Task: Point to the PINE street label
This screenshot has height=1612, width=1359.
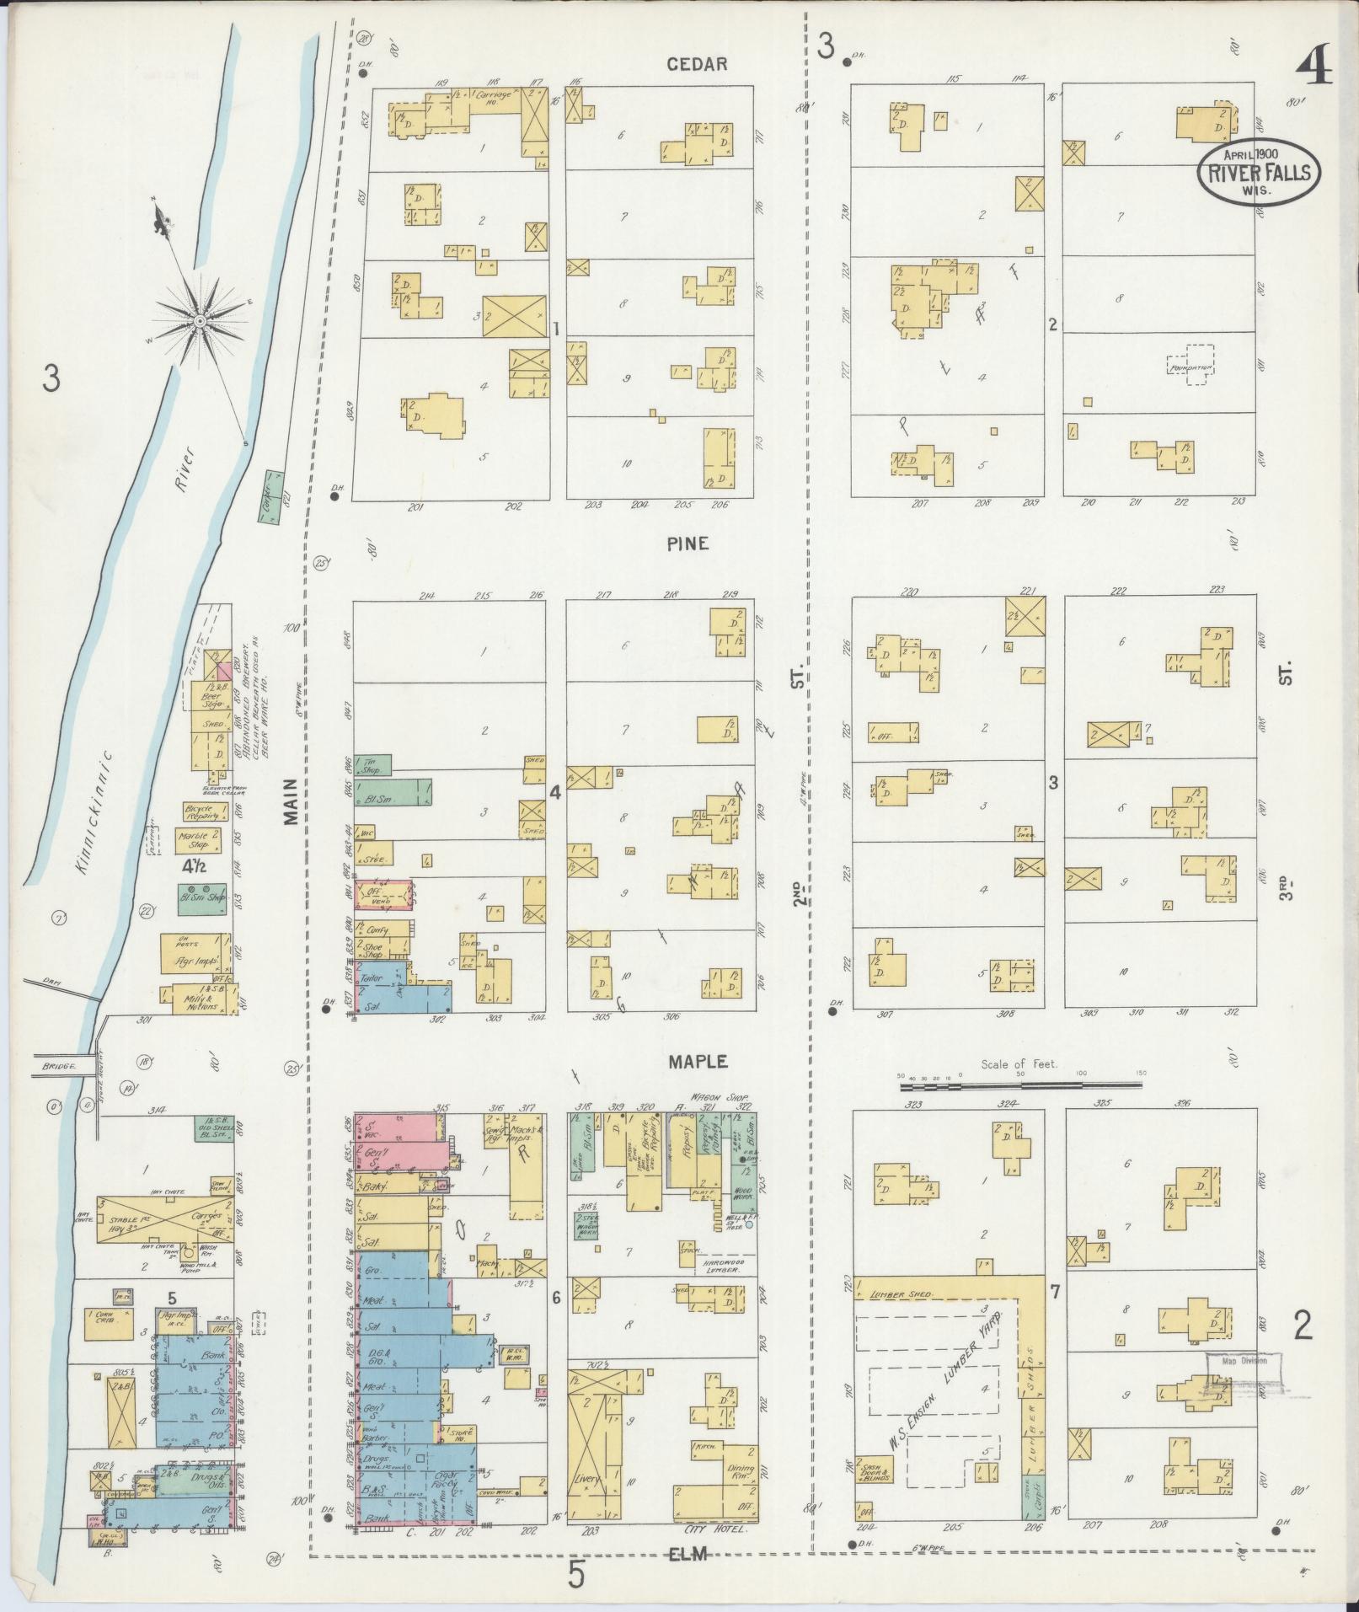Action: [x=688, y=544]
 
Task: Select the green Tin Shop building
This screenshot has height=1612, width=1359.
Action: [x=372, y=765]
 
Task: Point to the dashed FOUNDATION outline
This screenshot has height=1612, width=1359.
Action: [x=1190, y=367]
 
